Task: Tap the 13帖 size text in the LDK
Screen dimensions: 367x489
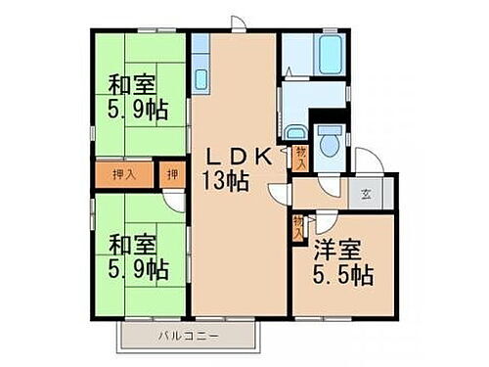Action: click(227, 180)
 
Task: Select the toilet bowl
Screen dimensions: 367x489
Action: click(328, 140)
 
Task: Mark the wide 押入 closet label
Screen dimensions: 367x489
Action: click(125, 175)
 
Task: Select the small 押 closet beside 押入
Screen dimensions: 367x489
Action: click(171, 175)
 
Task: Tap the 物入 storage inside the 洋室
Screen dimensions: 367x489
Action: click(296, 227)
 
